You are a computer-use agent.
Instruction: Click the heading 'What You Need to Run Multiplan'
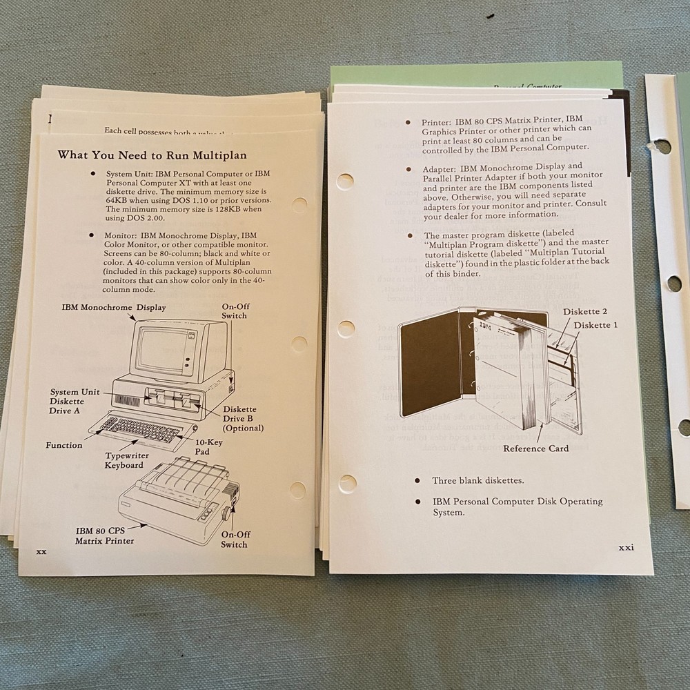[152, 155]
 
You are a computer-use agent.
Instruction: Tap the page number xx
[41, 552]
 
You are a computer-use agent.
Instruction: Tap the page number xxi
[625, 547]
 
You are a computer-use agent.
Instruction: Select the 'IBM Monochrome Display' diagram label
[113, 307]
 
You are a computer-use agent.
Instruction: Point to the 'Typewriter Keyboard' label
[124, 460]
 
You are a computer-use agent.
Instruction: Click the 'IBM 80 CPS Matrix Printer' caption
[104, 535]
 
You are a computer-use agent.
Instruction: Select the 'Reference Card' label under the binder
[535, 448]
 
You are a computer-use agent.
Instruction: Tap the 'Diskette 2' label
[585, 311]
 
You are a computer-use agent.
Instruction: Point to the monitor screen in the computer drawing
[160, 349]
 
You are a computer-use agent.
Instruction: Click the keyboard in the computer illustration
[138, 429]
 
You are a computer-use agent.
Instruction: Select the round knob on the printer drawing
[227, 513]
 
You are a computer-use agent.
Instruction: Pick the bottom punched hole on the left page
[297, 490]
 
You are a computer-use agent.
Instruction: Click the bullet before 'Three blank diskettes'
[417, 480]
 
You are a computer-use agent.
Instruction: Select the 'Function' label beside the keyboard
[64, 445]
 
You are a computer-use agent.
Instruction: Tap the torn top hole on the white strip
[661, 146]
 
